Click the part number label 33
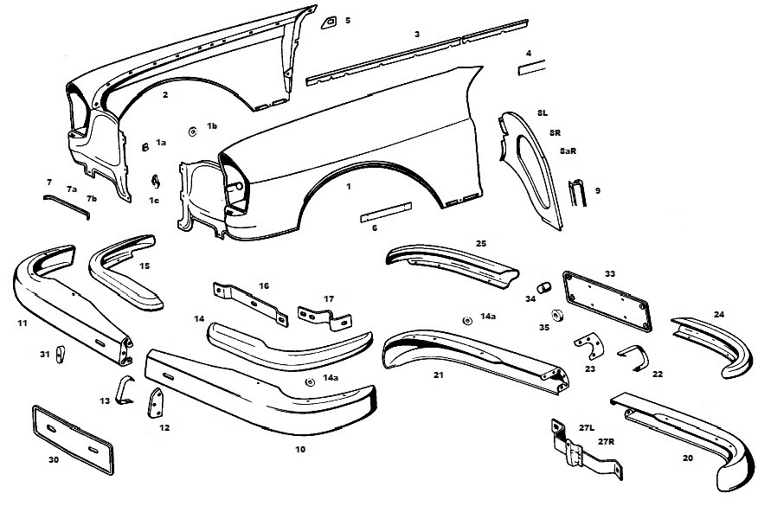click(610, 273)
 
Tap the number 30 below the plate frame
click(54, 459)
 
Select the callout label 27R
click(605, 441)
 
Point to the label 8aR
click(568, 151)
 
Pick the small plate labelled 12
click(158, 404)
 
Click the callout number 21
click(439, 375)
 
